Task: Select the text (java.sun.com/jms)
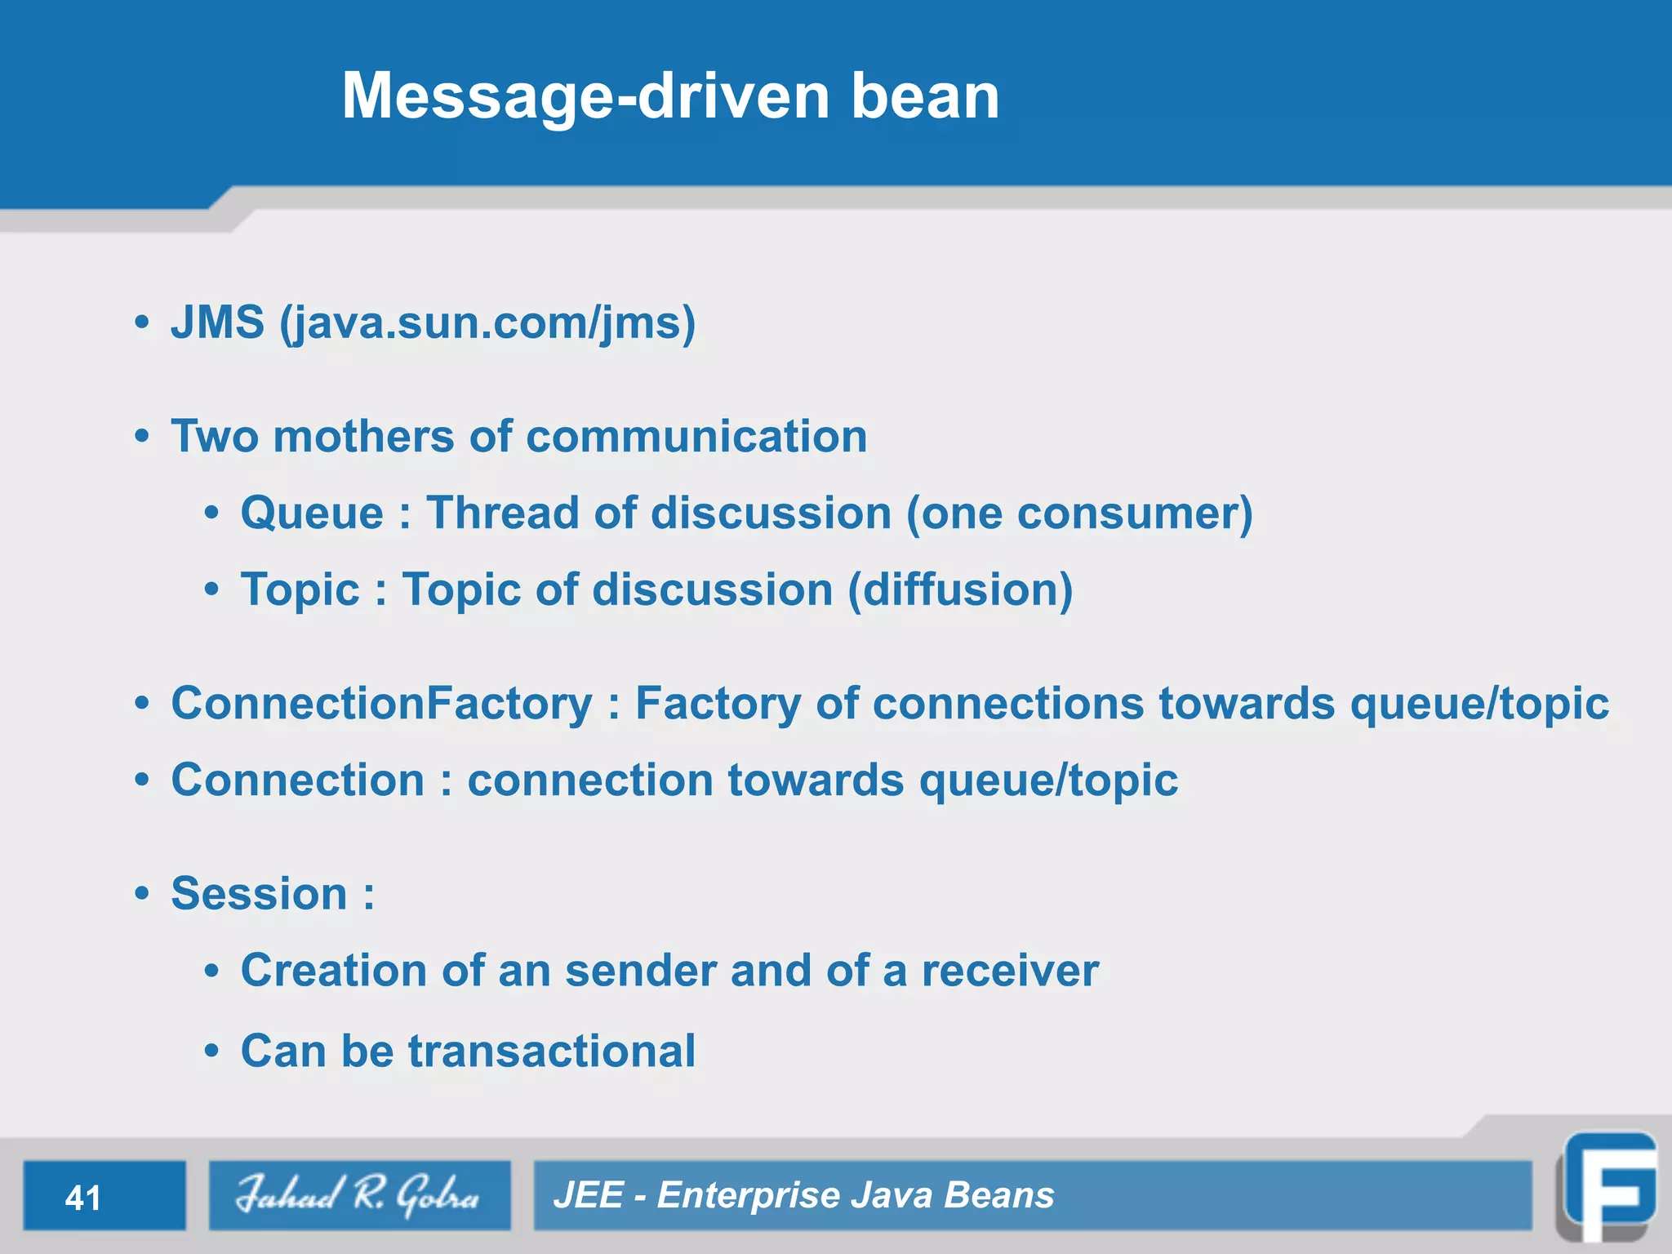[x=487, y=323]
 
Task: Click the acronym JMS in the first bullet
[x=217, y=322]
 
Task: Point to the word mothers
[x=363, y=436]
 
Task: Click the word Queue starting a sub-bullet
[x=312, y=514]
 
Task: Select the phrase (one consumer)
[x=1079, y=514]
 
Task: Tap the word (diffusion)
[x=960, y=589]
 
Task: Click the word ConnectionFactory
[x=381, y=703]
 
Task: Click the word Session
[x=259, y=893]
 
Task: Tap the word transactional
[x=552, y=1051]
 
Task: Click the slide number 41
[x=83, y=1198]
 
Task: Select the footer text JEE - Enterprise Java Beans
[x=803, y=1195]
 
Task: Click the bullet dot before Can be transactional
[x=212, y=1051]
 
